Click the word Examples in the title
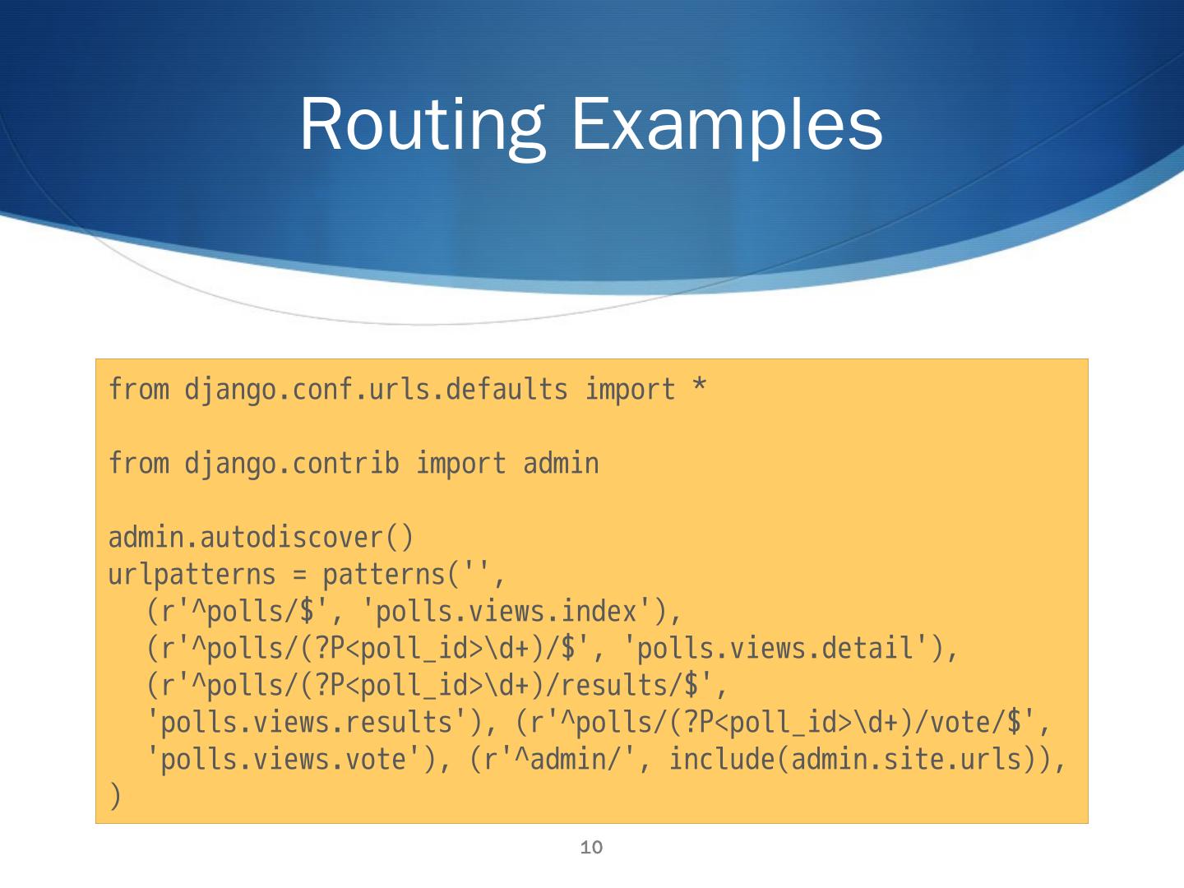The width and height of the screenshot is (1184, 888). tap(727, 125)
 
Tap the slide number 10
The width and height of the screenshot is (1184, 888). tap(591, 847)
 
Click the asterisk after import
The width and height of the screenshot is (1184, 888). tap(698, 389)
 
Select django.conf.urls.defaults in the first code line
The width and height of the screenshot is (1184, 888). tap(376, 389)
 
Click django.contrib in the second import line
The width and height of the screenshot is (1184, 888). tap(292, 463)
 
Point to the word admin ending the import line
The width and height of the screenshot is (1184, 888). tap(561, 463)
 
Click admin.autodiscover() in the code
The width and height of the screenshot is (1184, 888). tap(261, 538)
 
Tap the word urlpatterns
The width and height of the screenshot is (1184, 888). tap(192, 575)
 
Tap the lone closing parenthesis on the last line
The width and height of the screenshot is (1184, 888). tap(115, 796)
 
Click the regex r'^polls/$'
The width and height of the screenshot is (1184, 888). tap(238, 612)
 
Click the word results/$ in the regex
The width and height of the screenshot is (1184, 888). tap(645, 686)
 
